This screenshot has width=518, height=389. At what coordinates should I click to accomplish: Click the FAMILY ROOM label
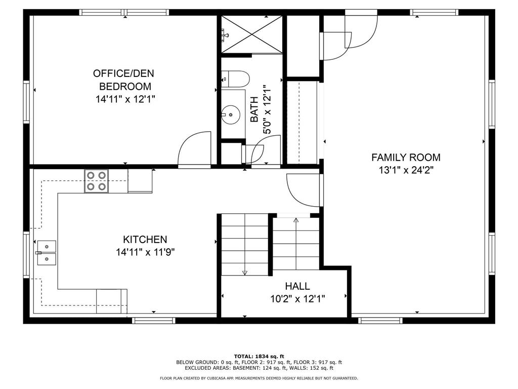[x=406, y=158]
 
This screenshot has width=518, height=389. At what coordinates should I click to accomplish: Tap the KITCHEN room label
[x=145, y=240]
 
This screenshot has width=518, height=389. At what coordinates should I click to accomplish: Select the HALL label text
[x=297, y=287]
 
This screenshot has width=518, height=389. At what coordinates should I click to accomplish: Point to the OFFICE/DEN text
[x=125, y=73]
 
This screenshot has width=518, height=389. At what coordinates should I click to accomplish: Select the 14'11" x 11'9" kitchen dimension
[x=145, y=252]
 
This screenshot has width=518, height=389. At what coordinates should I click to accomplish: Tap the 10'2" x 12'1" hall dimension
[x=297, y=299]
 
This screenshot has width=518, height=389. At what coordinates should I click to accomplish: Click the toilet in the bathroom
[x=236, y=79]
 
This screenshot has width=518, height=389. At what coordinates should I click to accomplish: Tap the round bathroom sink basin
[x=231, y=114]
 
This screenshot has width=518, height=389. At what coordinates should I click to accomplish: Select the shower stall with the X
[x=251, y=34]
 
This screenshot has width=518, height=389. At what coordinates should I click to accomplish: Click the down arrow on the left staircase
[x=245, y=272]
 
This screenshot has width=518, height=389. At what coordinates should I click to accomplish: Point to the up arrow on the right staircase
[x=296, y=220]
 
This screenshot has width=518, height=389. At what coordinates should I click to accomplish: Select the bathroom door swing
[x=263, y=153]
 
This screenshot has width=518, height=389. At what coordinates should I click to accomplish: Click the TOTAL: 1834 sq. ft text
[x=258, y=356]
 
